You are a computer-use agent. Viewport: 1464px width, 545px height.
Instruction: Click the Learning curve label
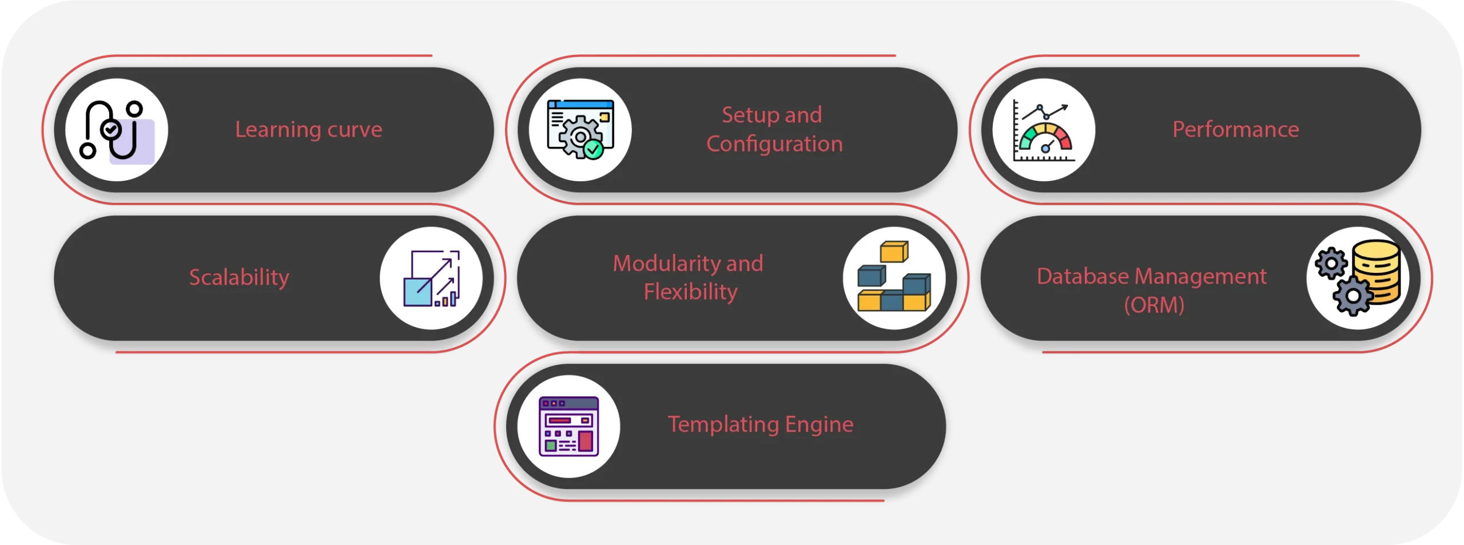point(308,130)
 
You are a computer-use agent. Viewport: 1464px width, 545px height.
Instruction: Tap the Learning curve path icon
point(116,130)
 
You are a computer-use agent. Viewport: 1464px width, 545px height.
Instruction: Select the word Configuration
point(774,144)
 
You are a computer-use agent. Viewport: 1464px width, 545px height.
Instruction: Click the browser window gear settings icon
point(580,130)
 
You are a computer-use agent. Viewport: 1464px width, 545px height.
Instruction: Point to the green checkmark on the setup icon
point(594,149)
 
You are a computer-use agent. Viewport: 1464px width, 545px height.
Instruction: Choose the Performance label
point(1235,130)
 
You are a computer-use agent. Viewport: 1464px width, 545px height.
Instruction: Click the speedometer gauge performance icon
point(1044,130)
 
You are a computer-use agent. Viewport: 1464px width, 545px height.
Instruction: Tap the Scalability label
point(239,277)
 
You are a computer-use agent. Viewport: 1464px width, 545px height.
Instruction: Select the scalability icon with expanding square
point(431,279)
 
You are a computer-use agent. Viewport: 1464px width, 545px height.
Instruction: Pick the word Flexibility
point(690,292)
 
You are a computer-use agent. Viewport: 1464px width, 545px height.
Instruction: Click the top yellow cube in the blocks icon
point(894,251)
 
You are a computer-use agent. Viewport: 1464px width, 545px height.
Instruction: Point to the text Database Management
point(1151,277)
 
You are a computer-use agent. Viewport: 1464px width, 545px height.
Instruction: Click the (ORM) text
point(1154,305)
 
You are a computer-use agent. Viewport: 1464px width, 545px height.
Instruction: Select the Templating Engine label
point(760,424)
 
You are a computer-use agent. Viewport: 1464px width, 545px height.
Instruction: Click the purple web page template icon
point(568,427)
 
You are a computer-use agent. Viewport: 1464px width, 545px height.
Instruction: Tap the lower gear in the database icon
point(1352,296)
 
